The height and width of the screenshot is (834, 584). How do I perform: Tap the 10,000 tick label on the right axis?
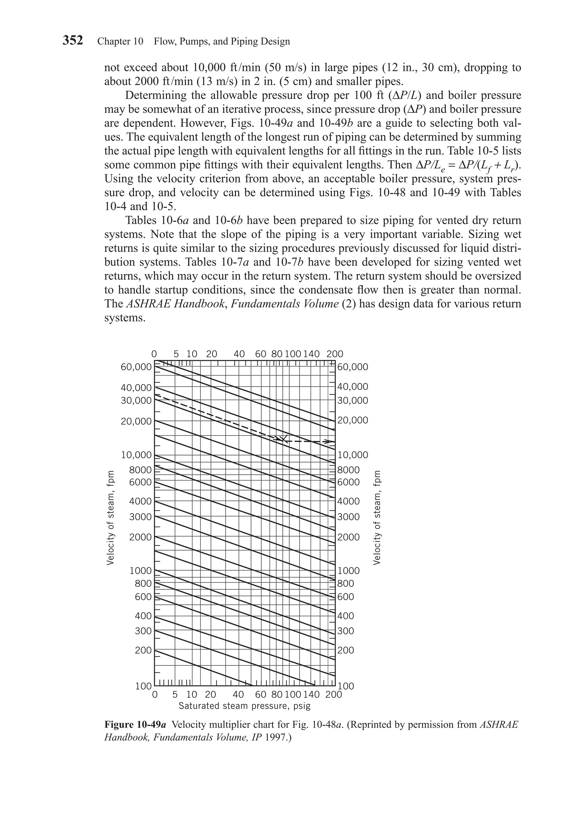click(352, 455)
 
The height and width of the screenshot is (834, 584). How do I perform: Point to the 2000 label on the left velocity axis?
click(140, 537)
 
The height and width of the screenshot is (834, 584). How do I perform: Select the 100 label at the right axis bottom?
click(346, 686)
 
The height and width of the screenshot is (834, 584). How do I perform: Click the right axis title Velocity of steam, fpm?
click(377, 518)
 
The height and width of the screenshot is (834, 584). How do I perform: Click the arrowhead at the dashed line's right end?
click(329, 442)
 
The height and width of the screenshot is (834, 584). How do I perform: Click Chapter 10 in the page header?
click(120, 41)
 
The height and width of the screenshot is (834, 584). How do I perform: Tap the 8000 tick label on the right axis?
click(348, 470)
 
